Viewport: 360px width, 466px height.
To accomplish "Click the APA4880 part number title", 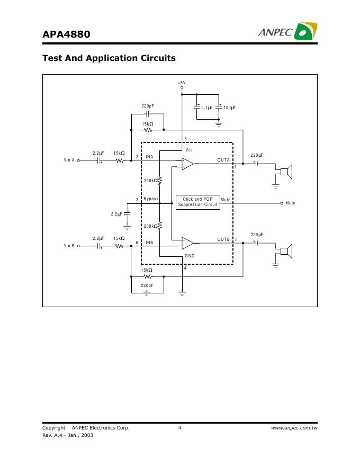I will tap(66, 34).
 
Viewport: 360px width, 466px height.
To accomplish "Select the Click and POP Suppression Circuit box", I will tap(197, 202).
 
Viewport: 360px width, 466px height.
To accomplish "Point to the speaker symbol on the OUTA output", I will tap(286, 171).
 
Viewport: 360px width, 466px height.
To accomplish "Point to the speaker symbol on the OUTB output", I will tap(286, 250).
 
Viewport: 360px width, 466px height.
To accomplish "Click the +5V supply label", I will tap(182, 83).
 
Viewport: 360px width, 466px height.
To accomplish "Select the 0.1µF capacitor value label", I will tap(207, 107).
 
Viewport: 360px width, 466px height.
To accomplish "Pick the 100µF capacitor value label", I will tap(230, 107).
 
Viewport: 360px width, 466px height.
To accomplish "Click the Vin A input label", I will tap(69, 160).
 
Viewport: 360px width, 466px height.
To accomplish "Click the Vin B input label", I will tap(69, 246).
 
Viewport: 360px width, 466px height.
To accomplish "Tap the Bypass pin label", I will tap(151, 199).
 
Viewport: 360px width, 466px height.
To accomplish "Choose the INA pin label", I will tap(149, 157).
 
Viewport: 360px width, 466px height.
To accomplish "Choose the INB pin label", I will tap(149, 243).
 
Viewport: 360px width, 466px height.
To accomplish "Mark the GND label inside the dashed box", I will tap(190, 256).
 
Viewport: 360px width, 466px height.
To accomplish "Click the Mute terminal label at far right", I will tap(290, 203).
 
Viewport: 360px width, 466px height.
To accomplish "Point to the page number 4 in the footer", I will tap(180, 428).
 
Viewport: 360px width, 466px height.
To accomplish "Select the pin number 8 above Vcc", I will tap(185, 139).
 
